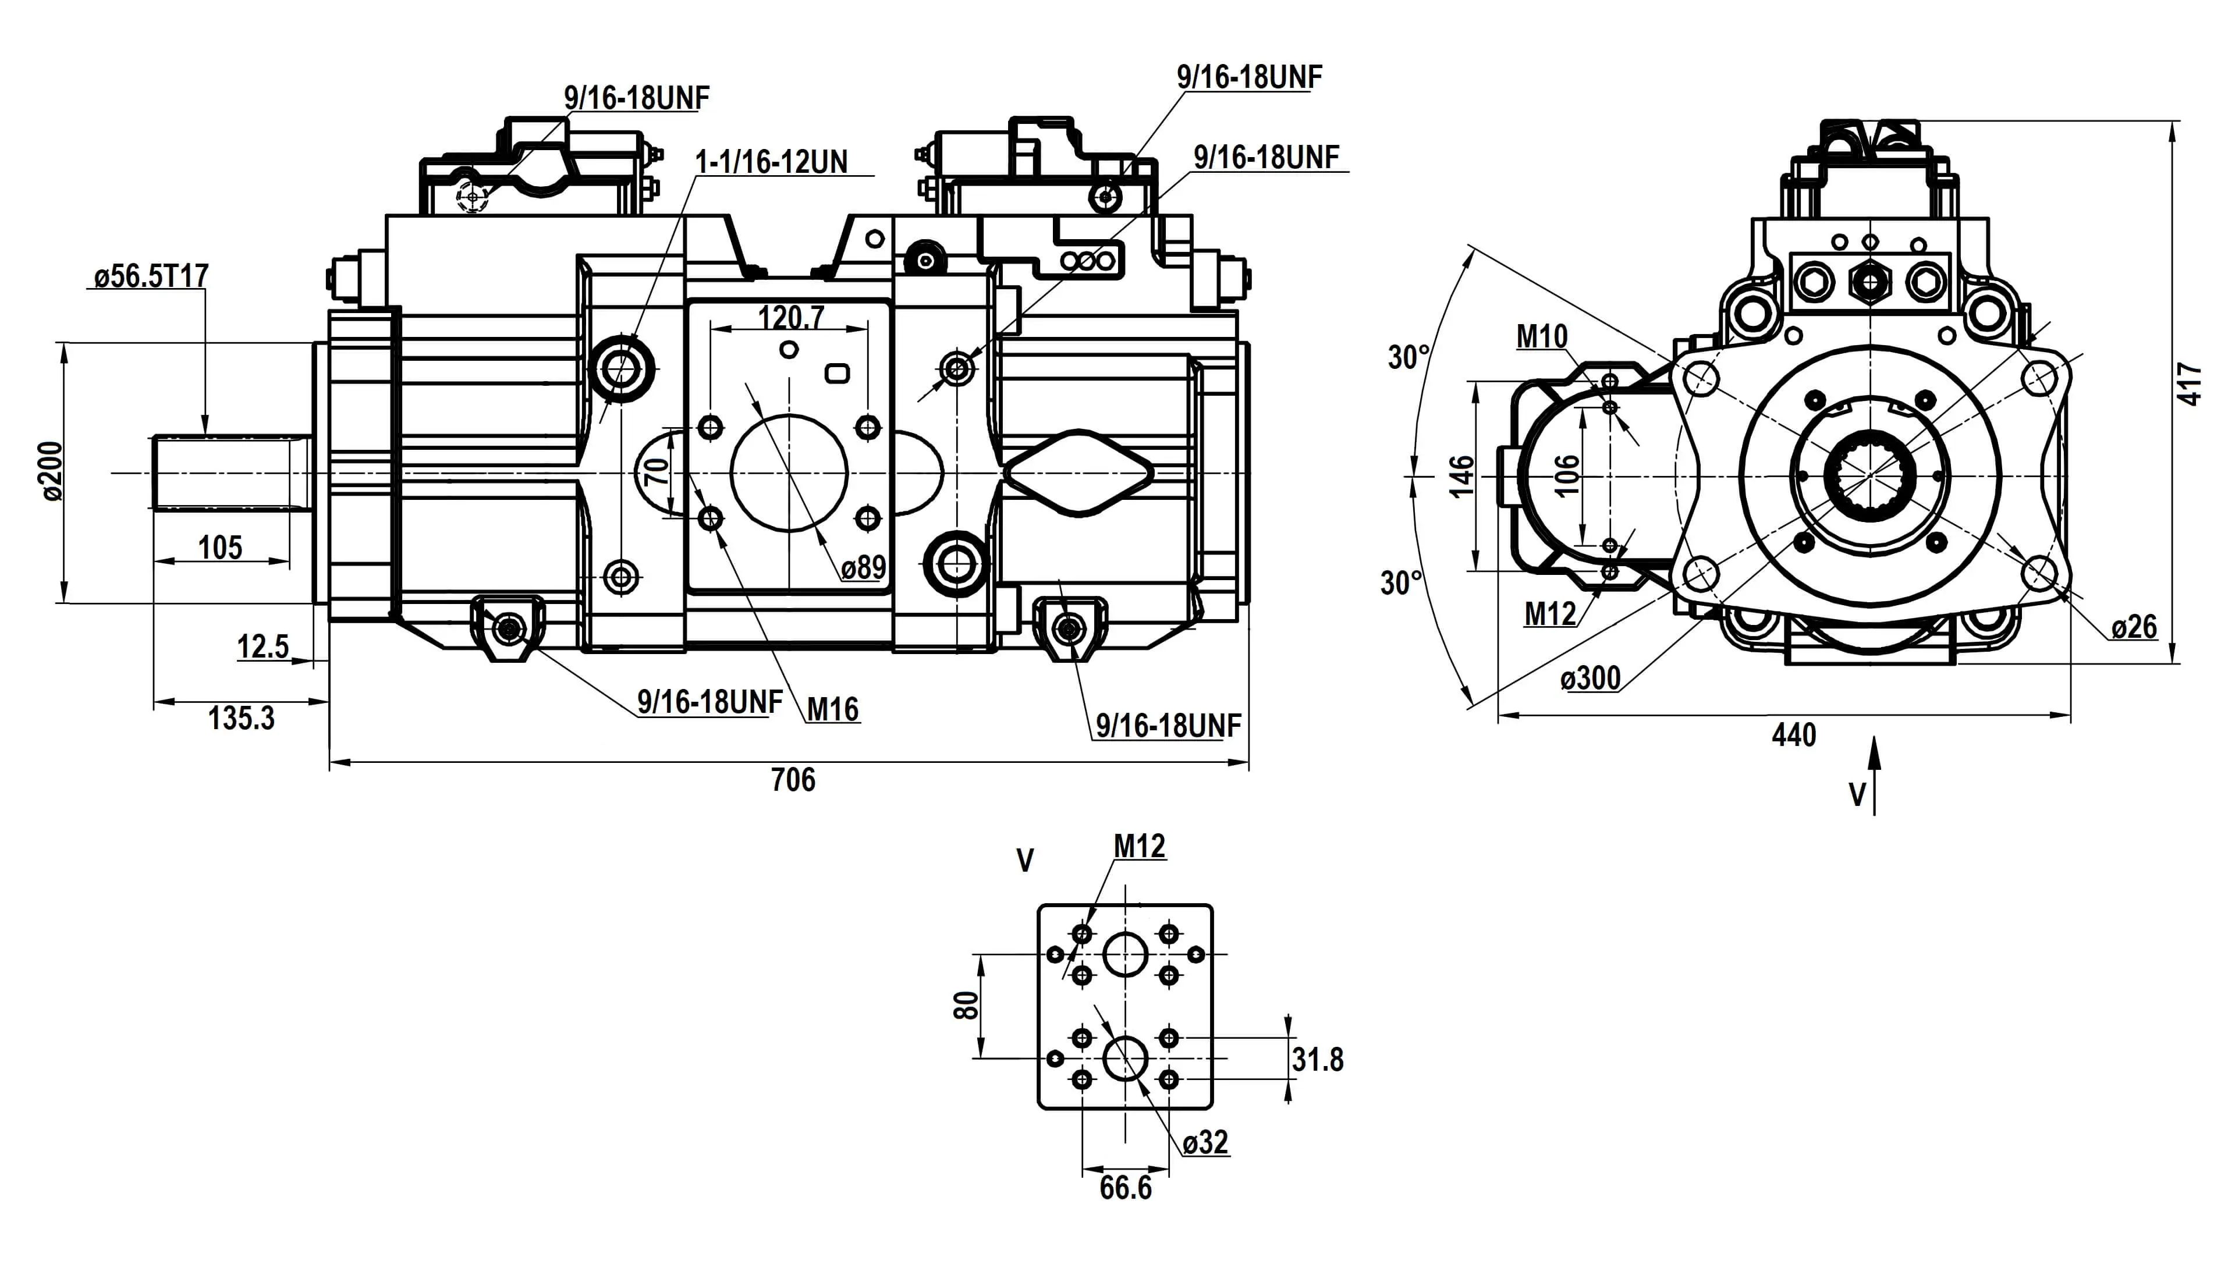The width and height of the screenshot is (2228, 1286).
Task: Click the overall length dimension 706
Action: [x=793, y=780]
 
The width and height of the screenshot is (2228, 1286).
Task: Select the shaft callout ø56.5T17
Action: [x=151, y=276]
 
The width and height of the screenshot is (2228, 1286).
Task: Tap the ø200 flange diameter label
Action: [x=51, y=472]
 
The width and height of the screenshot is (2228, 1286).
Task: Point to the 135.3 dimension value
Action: [x=241, y=718]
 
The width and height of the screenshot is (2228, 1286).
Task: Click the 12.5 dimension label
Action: [x=262, y=648]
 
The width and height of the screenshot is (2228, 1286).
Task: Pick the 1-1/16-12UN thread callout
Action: [x=771, y=162]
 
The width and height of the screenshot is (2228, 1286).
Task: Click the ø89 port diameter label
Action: [x=863, y=567]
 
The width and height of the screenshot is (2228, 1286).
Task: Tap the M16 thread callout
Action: [x=832, y=709]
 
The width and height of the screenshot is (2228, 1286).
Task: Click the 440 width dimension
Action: [x=1793, y=736]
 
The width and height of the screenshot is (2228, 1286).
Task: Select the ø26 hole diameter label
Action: [x=2134, y=627]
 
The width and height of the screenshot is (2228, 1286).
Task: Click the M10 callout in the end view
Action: [x=1542, y=336]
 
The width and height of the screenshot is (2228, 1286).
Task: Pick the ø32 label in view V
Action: [x=1205, y=1142]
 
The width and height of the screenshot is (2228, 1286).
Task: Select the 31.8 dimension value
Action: [x=1317, y=1060]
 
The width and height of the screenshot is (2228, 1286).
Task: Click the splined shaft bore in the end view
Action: [x=1869, y=476]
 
